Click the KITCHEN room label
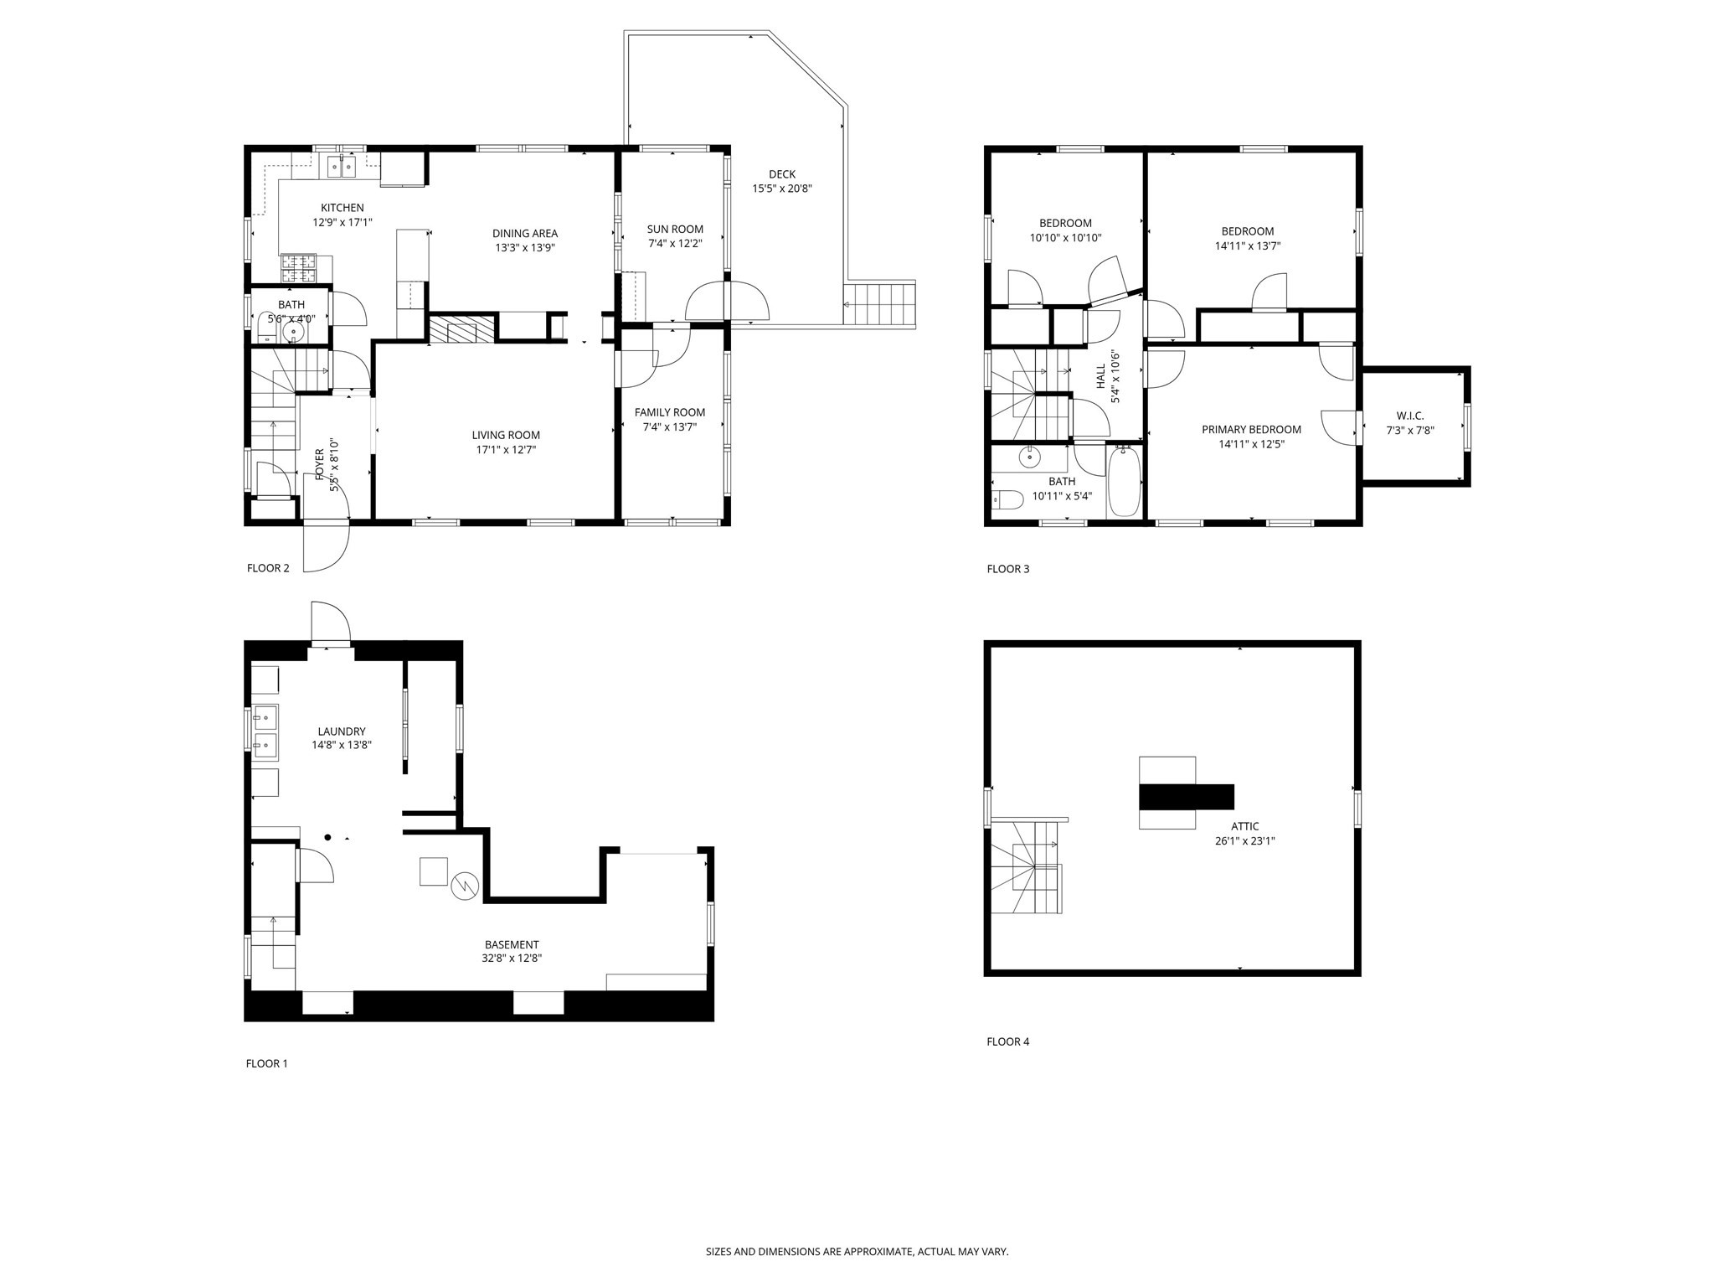(x=342, y=208)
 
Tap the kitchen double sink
(x=342, y=167)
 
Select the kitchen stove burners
(x=299, y=268)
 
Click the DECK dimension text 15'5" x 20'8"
(x=781, y=189)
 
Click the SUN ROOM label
(x=675, y=229)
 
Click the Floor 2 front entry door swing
(x=327, y=547)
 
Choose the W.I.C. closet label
(x=1410, y=416)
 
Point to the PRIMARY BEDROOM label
(x=1251, y=430)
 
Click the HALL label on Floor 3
(x=1100, y=376)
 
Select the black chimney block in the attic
(x=1187, y=796)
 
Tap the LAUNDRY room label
(x=342, y=731)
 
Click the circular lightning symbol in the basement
(x=465, y=886)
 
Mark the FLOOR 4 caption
(x=1007, y=1041)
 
